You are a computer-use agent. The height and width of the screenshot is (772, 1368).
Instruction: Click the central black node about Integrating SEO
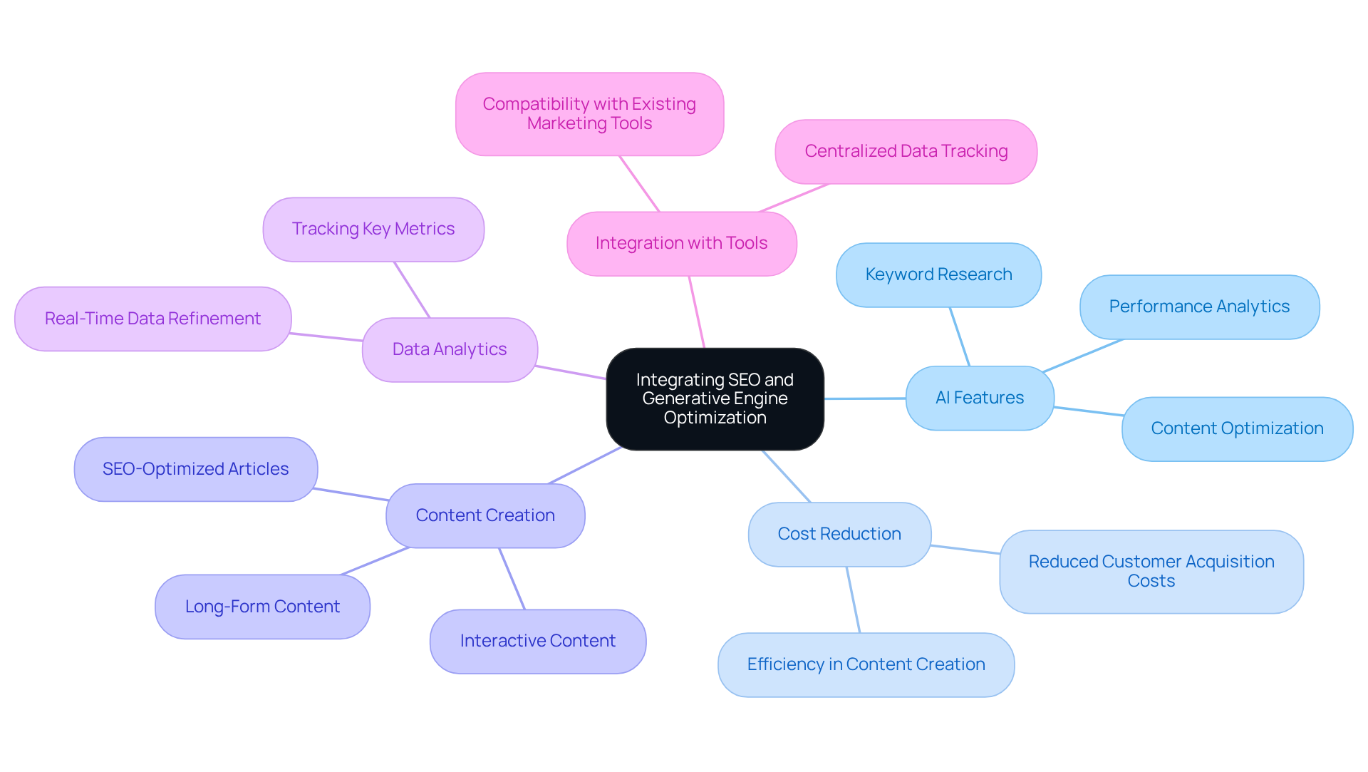click(715, 398)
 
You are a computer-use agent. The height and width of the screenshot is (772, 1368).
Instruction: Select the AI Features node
click(979, 398)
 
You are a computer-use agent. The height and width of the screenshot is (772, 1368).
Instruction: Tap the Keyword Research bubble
click(938, 274)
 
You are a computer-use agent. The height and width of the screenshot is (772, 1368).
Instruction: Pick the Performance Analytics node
click(1199, 307)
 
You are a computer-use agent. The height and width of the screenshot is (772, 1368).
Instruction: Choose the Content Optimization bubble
click(1237, 428)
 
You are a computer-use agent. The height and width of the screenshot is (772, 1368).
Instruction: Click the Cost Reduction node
click(839, 534)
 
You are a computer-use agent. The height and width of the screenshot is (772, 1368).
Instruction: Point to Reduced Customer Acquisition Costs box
click(1151, 571)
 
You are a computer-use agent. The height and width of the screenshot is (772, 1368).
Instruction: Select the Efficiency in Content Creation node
click(866, 664)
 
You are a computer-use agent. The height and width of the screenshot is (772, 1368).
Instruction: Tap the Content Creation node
click(485, 515)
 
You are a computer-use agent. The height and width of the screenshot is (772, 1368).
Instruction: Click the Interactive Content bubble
click(538, 641)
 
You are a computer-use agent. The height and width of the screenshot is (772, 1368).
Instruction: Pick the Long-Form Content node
click(262, 607)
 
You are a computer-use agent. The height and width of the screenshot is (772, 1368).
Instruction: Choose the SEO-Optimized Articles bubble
click(195, 469)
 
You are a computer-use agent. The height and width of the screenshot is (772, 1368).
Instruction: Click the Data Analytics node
click(450, 349)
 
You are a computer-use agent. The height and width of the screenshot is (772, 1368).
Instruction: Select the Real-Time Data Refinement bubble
click(152, 319)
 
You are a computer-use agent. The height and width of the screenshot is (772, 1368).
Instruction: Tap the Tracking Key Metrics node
click(373, 229)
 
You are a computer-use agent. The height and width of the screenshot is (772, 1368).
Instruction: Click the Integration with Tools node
click(681, 243)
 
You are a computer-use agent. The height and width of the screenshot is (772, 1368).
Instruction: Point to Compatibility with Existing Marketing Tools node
click(589, 113)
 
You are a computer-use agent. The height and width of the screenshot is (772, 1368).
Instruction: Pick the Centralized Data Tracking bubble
click(906, 151)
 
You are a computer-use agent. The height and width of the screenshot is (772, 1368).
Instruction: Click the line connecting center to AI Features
click(864, 398)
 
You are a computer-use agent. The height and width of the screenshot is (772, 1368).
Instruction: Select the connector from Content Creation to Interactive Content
click(512, 578)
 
